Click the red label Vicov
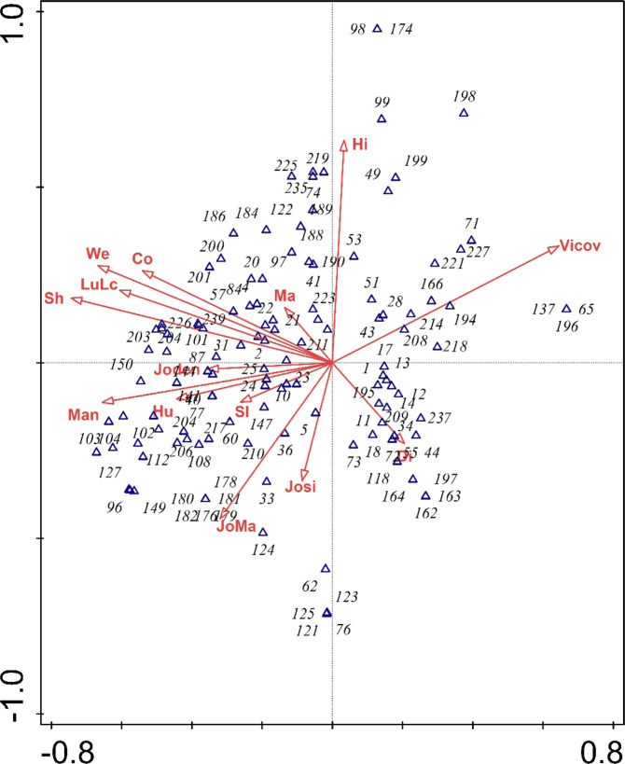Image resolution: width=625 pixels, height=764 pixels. pyautogui.click(x=581, y=246)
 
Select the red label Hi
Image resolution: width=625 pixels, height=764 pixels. pyautogui.click(x=360, y=143)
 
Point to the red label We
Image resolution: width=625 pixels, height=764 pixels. pyautogui.click(x=98, y=254)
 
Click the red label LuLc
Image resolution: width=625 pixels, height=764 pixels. pyautogui.click(x=98, y=284)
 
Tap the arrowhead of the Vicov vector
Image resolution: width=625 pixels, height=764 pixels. pyautogui.click(x=553, y=247)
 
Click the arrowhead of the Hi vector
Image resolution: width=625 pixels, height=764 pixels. pyautogui.click(x=344, y=143)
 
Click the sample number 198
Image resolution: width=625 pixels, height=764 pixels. pyautogui.click(x=464, y=96)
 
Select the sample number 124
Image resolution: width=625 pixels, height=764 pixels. pyautogui.click(x=265, y=549)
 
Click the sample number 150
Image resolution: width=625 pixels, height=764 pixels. pyautogui.click(x=121, y=364)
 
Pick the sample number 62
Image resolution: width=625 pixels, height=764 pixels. pyautogui.click(x=311, y=587)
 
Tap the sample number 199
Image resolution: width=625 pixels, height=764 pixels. pyautogui.click(x=415, y=161)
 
